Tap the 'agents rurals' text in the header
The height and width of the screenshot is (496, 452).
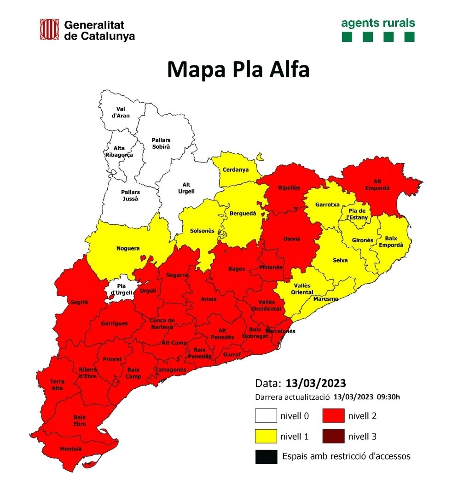pos(378,23)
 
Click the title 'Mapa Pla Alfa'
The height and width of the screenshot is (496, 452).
pos(238,70)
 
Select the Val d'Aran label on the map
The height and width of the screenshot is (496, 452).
pos(121,112)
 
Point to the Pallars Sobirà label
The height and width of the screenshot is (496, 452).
pos(161,143)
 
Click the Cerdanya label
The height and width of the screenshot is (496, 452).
pos(235,169)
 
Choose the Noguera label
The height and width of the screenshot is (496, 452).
pos(128,248)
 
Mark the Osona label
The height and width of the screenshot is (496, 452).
pos(292,239)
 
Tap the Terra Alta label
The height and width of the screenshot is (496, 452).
pos(58,385)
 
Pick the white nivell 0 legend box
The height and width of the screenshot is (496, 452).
pos(266,416)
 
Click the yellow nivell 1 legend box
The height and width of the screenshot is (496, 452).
pos(266,436)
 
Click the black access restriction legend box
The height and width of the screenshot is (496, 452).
pos(266,456)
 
